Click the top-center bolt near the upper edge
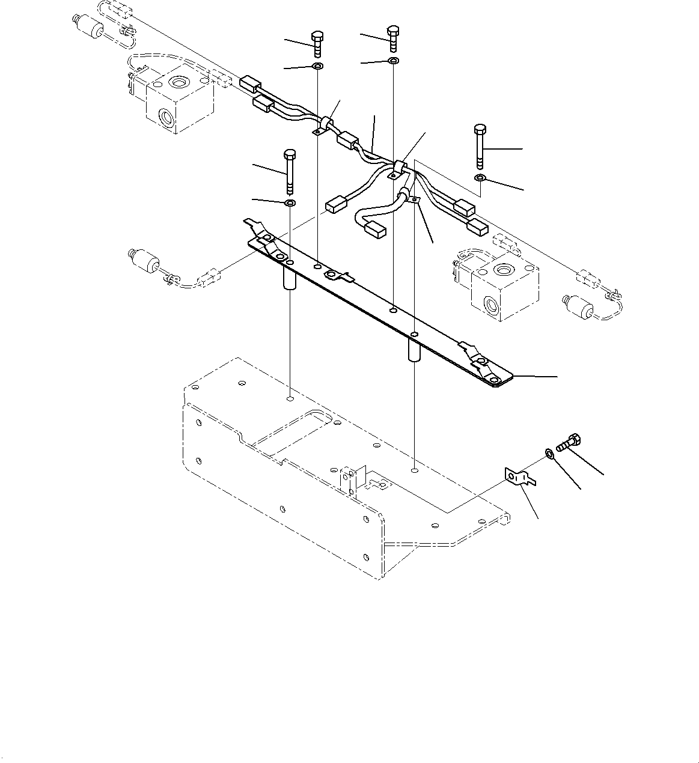tap(393, 37)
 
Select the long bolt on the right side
tap(480, 146)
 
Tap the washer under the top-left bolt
tap(317, 65)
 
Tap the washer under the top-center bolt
tap(393, 61)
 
